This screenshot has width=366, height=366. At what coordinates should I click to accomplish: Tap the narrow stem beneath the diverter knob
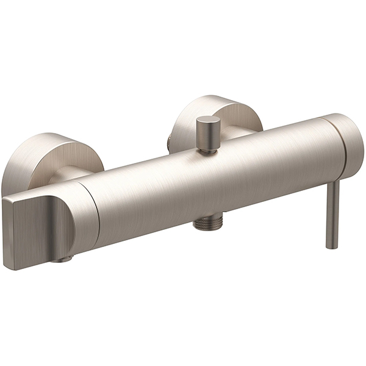coord(210,147)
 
